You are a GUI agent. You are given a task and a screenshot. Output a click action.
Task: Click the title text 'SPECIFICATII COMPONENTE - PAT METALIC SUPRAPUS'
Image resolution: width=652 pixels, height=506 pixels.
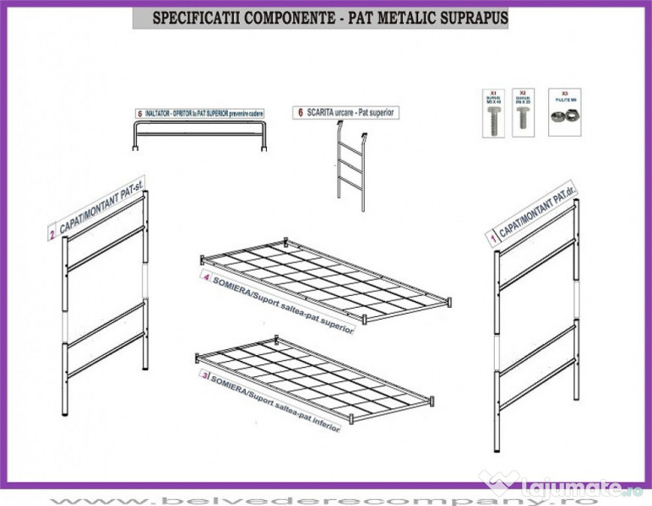320,18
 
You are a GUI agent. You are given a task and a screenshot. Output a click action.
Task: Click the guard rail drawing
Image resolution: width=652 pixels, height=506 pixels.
201,135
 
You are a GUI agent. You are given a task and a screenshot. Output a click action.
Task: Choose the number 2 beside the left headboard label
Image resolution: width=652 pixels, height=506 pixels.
52,235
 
